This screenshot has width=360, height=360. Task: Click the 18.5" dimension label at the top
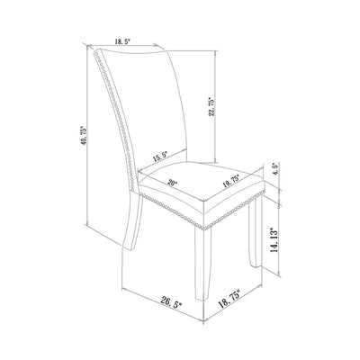coord(121,41)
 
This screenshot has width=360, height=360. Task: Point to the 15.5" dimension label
coord(160,157)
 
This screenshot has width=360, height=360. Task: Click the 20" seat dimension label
coord(173,183)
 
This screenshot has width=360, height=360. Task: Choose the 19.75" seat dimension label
coord(230,181)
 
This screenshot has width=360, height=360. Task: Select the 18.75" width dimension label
coord(230,299)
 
